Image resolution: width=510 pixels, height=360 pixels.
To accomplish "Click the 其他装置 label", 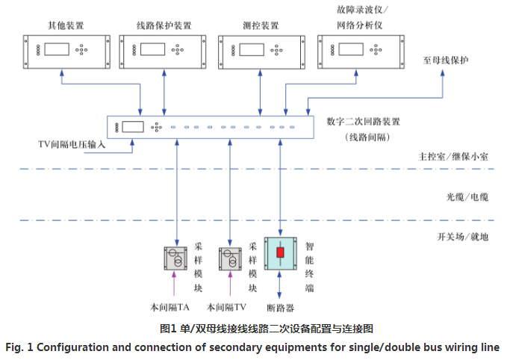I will point(64,25).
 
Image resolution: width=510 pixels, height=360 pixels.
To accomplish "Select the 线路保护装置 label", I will point(164,25).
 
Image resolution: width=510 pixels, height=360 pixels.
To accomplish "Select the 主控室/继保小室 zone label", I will point(453,158).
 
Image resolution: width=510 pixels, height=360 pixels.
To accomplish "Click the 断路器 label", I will point(280,306).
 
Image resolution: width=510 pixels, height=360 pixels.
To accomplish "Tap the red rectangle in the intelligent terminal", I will point(281,253).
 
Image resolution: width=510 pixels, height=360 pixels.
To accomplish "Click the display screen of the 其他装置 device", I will point(57,51).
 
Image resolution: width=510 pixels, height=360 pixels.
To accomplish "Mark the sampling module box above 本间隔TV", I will point(230,259).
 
